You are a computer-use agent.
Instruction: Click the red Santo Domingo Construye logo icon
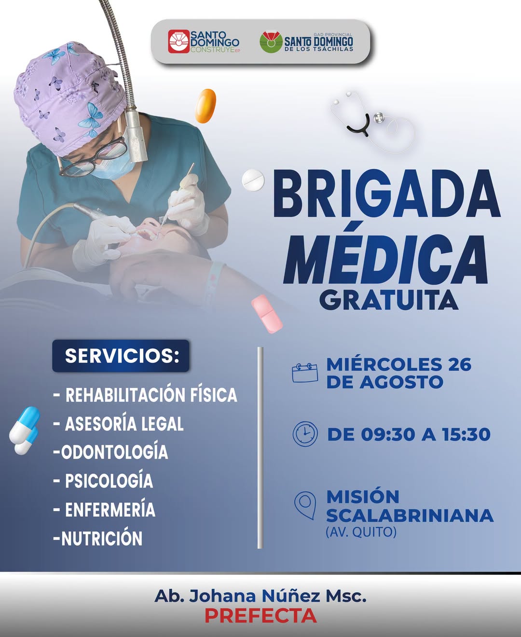178,42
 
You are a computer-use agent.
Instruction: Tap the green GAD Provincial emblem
271,42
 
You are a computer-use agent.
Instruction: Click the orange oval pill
206,106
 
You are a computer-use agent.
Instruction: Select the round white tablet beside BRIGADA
253,180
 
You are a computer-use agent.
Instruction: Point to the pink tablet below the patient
267,314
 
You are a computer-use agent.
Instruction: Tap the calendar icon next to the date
305,373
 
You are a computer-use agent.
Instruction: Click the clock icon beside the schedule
305,434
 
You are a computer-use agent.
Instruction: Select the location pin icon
305,505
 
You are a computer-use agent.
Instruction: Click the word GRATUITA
389,300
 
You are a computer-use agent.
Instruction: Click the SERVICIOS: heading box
121,356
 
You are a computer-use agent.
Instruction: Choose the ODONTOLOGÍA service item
110,452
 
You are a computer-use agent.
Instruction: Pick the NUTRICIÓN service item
97,539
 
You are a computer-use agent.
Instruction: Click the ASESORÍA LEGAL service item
118,423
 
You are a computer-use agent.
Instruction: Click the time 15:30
466,434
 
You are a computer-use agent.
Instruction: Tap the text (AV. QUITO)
361,532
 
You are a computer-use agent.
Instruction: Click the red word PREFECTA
260,616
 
